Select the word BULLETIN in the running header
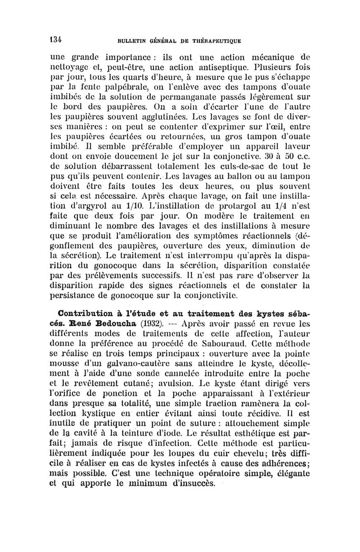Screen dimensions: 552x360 click(x=132, y=40)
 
